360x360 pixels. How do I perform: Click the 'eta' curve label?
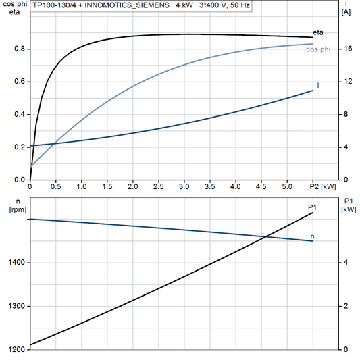(318, 32)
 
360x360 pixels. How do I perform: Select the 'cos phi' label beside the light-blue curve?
(319, 49)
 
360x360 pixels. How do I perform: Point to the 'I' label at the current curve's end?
(317, 85)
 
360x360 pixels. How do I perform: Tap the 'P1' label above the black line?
(311, 206)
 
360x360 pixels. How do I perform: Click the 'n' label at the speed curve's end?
(312, 236)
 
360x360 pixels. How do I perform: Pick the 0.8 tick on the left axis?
(20, 49)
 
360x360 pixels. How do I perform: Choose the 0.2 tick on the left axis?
(20, 147)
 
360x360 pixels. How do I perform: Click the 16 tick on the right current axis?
(347, 49)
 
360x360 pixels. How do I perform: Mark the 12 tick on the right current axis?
(347, 82)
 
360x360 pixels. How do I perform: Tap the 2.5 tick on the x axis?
(158, 186)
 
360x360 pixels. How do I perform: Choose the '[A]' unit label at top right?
(346, 12)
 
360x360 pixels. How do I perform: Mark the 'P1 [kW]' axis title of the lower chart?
(349, 205)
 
